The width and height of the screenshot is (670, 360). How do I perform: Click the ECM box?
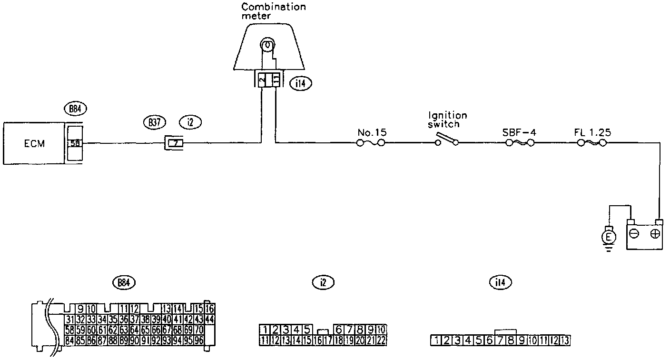(34, 143)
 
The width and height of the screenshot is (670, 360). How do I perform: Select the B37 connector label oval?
(154, 122)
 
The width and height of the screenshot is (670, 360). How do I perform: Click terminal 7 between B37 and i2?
(176, 143)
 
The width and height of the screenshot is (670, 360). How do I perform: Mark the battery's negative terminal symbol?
(633, 234)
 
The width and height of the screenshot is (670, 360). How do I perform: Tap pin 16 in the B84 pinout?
(210, 308)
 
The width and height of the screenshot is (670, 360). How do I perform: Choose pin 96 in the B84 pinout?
(198, 340)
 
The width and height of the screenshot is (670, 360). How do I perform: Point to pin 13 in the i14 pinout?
(564, 340)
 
